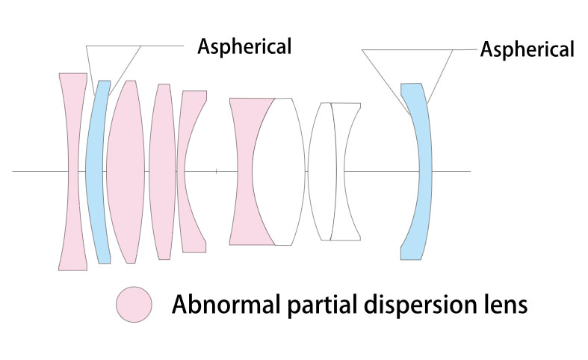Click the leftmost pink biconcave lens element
[x=73, y=172]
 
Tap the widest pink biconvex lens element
[x=126, y=172]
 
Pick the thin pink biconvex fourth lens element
[x=162, y=172]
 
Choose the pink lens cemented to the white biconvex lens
[x=243, y=172]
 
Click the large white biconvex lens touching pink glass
[x=279, y=172]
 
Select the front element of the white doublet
[x=322, y=172]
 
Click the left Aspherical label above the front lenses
[x=244, y=47]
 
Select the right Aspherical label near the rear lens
[x=527, y=49]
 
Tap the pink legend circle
[x=134, y=305]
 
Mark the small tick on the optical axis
[x=217, y=171]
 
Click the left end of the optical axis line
[x=13, y=171]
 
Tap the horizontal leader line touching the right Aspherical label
[x=465, y=49]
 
